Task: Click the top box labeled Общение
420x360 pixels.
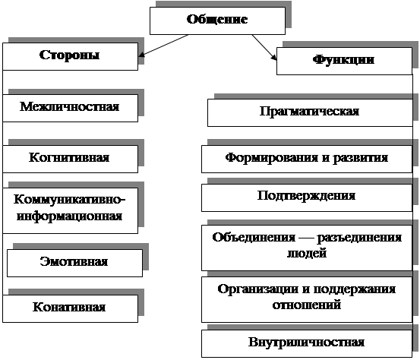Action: pos(217,21)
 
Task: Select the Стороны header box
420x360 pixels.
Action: pos(70,56)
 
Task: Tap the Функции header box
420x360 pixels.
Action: pos(344,61)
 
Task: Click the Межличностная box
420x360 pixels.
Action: pos(70,108)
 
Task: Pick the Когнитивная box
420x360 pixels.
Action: pos(70,159)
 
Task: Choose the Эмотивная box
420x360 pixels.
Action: pos(74,263)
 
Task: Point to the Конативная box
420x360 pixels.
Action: pos(70,308)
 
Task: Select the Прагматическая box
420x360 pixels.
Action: pos(310,112)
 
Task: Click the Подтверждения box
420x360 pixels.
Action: pos(307,197)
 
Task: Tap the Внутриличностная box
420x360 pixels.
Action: pos(307,343)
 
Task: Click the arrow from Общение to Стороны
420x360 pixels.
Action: pos(163,46)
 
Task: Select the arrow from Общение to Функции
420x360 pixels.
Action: pos(264,47)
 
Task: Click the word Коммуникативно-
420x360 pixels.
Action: pos(69,200)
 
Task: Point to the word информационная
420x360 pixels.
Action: pos(69,216)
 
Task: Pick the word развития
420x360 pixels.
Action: pos(360,158)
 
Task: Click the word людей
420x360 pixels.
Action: pos(307,253)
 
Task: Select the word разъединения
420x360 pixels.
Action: pos(359,238)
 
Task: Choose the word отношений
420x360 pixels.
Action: pos(307,305)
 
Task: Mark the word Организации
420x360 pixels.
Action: pos(257,289)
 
